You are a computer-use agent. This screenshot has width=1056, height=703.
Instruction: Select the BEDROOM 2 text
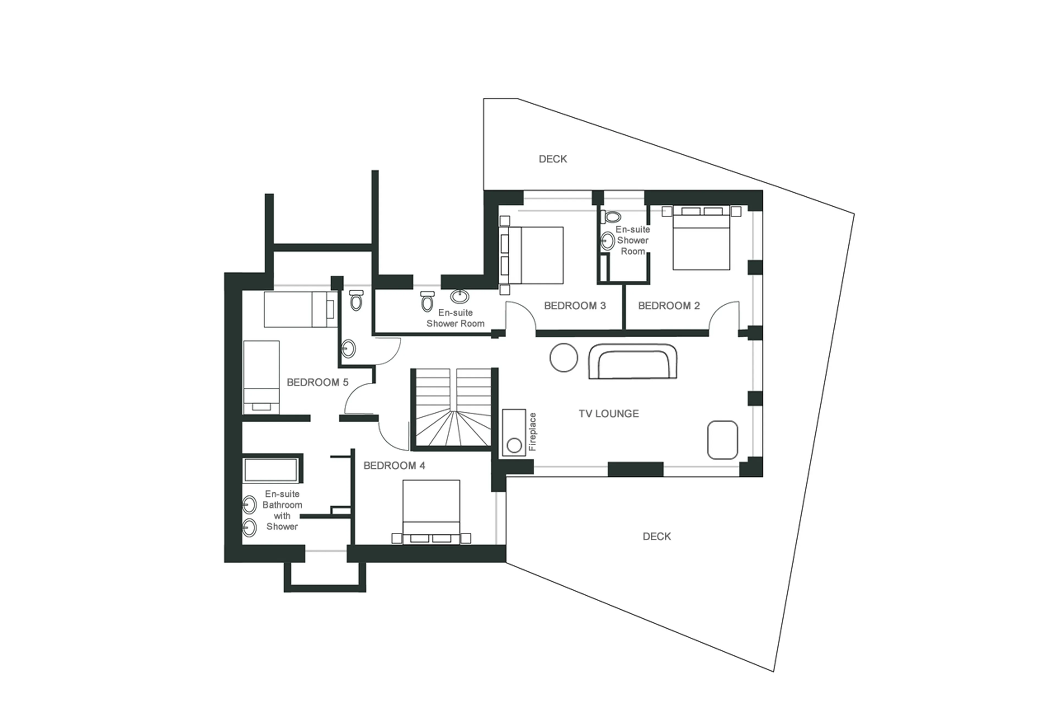coord(669,306)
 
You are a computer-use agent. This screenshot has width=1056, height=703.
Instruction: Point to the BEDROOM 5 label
coord(317,382)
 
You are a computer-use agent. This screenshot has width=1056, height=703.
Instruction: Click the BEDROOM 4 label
coord(394,466)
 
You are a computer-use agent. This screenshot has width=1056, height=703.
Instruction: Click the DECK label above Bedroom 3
coord(552,159)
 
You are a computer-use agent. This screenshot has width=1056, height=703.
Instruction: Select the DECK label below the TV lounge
coord(657,536)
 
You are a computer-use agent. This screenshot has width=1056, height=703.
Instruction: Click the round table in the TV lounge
coord(564,357)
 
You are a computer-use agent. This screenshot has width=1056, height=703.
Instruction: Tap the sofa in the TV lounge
coord(632,361)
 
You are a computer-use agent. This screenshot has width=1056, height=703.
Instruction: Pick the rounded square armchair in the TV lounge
coord(722,440)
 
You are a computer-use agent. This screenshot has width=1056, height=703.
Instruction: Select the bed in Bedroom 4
coord(431,510)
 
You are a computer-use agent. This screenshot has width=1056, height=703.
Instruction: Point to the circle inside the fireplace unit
coord(514,445)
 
